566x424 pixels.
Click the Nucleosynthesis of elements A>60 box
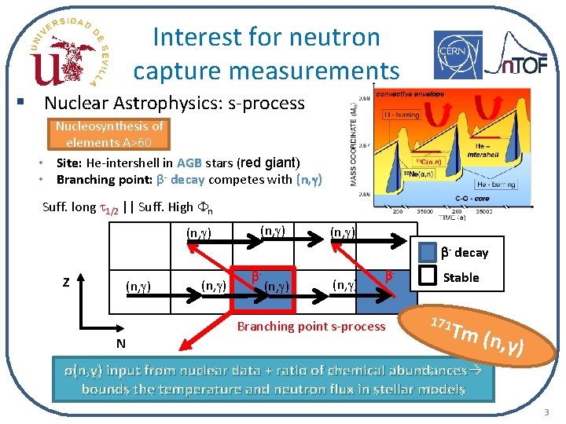(109, 134)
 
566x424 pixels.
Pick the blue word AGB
(189, 163)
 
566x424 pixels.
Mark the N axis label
(120, 343)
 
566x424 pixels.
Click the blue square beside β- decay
(427, 252)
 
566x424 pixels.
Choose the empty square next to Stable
(427, 277)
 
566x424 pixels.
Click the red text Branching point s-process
(311, 326)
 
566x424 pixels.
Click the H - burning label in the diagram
(401, 115)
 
